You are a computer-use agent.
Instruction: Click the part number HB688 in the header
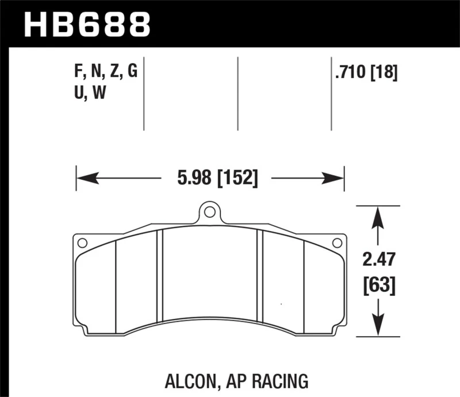(x=87, y=25)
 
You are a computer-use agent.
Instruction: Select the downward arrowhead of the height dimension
(x=378, y=328)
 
